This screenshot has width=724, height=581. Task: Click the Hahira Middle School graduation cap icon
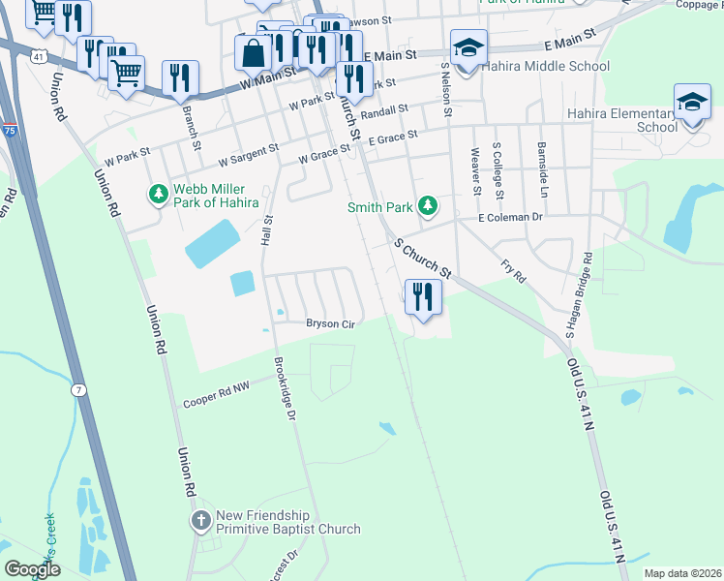[x=468, y=46]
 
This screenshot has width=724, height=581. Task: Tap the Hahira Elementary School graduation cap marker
[x=692, y=102]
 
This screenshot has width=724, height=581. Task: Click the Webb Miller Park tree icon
[x=157, y=196]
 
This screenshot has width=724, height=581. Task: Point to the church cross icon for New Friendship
[x=201, y=522]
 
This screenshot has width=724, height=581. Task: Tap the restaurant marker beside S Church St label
[x=421, y=295]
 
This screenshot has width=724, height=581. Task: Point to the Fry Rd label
[x=512, y=270]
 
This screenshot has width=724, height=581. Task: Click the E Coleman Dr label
[x=518, y=218]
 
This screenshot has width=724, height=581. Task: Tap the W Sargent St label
[x=248, y=154]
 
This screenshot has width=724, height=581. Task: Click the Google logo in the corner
[x=32, y=569]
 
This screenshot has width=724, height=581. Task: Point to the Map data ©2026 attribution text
[x=682, y=573]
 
